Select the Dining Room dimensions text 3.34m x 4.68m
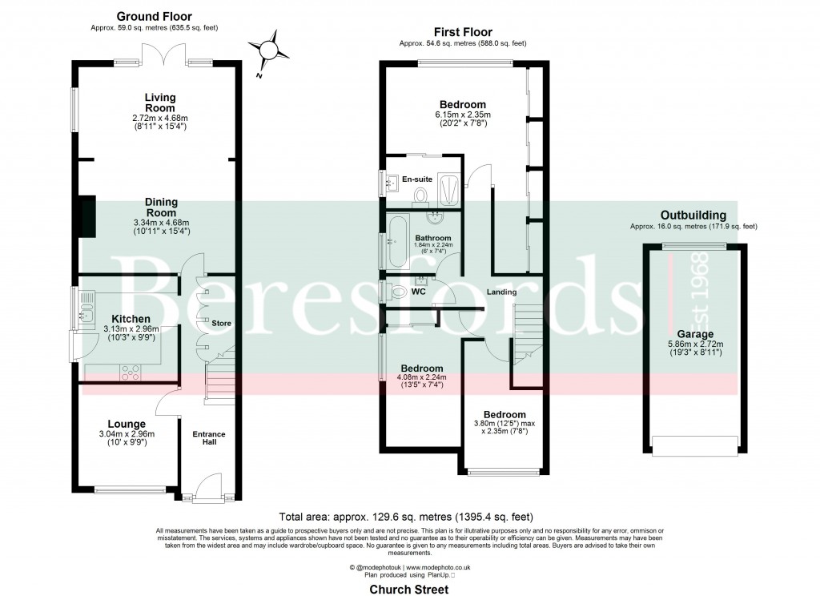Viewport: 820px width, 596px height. (159, 222)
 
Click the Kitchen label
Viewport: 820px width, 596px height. (132, 319)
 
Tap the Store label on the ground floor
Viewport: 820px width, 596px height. (220, 323)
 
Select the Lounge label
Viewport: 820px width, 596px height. (127, 424)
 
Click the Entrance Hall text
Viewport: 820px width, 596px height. (209, 439)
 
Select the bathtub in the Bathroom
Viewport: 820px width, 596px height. (397, 240)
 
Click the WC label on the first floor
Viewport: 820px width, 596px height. (418, 292)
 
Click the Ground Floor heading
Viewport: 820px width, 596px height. (154, 16)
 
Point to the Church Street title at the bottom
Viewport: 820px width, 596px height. (409, 589)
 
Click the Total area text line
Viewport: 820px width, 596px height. (405, 517)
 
